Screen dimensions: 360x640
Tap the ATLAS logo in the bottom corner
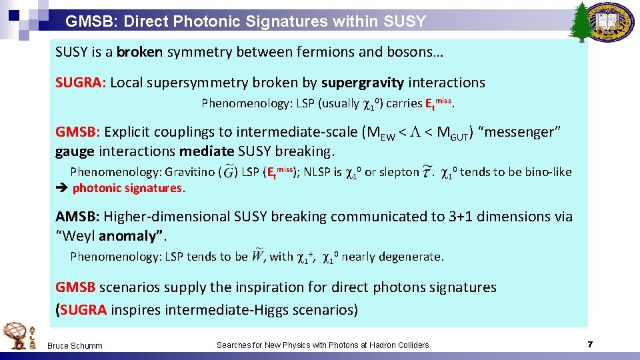pos(17,335)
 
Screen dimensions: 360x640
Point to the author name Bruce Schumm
pos(75,345)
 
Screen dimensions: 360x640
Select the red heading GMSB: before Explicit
pos(78,132)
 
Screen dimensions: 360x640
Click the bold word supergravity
pos(362,83)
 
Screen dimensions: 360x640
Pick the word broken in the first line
pos(141,51)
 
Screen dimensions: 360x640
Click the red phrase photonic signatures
pos(127,188)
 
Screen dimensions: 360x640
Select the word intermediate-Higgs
pos(217,309)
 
